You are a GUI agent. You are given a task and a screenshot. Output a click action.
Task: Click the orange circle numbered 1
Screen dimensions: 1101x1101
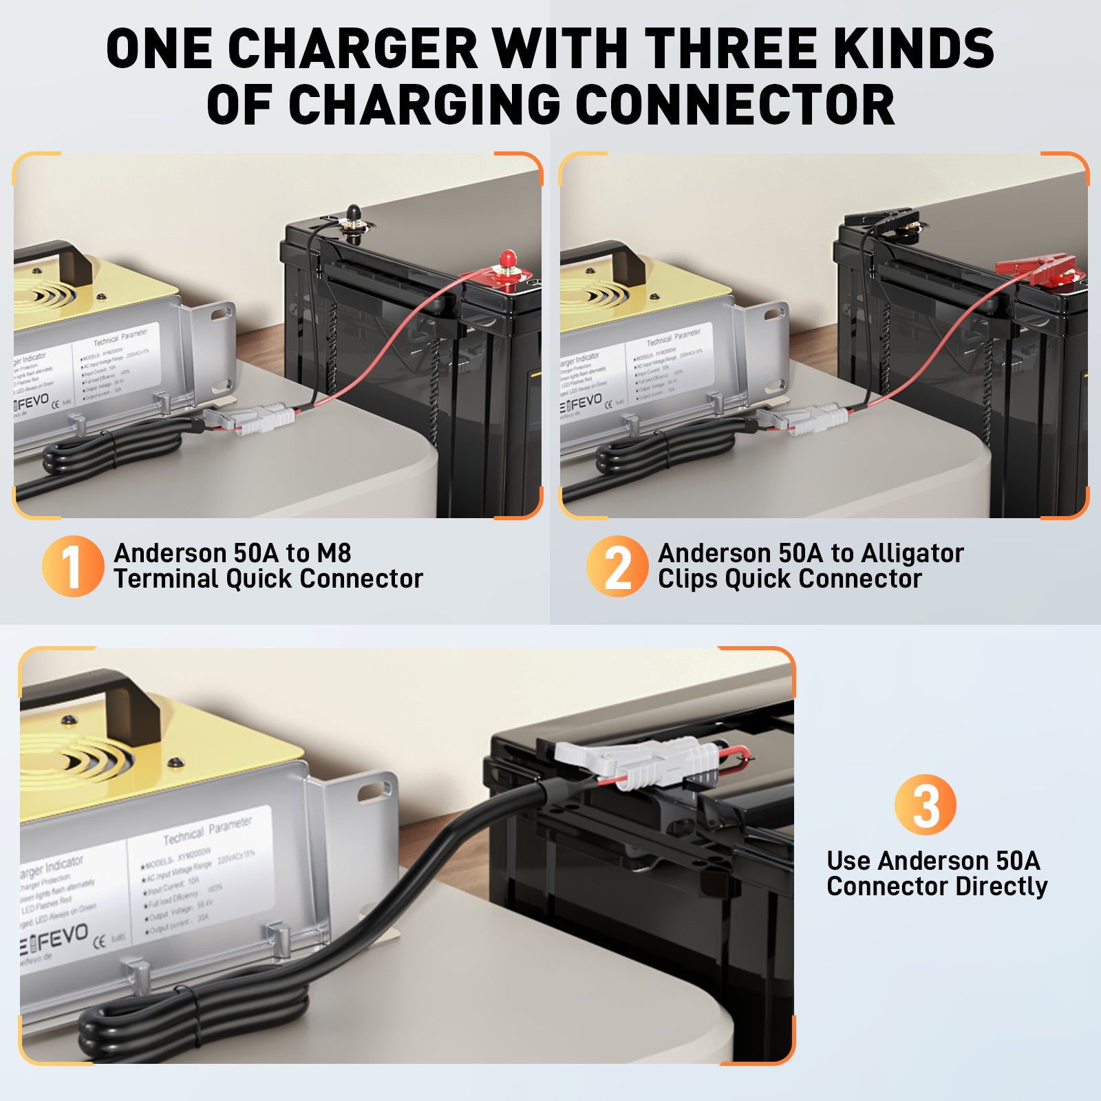pyautogui.click(x=72, y=566)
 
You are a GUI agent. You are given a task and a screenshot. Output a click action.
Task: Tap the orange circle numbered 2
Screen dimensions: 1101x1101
pyautogui.click(x=617, y=566)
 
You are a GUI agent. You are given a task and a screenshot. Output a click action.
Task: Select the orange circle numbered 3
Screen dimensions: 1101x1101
pyautogui.click(x=925, y=804)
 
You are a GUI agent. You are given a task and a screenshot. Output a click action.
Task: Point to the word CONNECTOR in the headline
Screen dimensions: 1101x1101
pyautogui.click(x=734, y=105)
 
